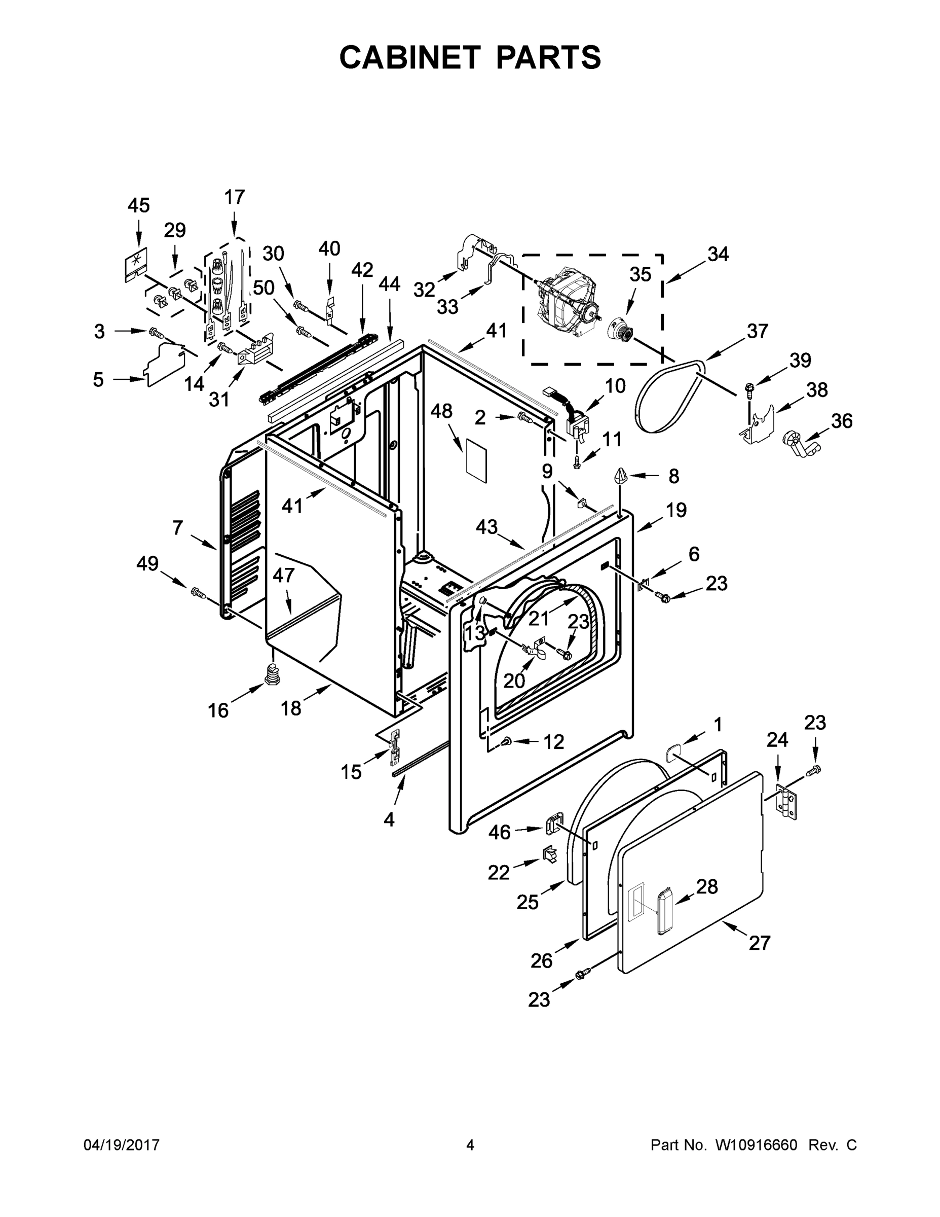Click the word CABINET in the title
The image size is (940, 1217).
pyautogui.click(x=409, y=57)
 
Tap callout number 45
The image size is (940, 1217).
pyautogui.click(x=138, y=205)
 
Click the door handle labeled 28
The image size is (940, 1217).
pyautogui.click(x=663, y=912)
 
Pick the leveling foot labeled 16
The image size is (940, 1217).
pyautogui.click(x=272, y=675)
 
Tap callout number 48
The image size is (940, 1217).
pyautogui.click(x=441, y=412)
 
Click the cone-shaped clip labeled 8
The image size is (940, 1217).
pyautogui.click(x=621, y=477)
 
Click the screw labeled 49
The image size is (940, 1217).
pyautogui.click(x=198, y=592)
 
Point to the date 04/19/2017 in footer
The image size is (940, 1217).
pyautogui.click(x=122, y=1145)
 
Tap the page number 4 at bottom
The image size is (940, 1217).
pyautogui.click(x=470, y=1145)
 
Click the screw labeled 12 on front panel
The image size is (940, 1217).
pyautogui.click(x=507, y=740)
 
